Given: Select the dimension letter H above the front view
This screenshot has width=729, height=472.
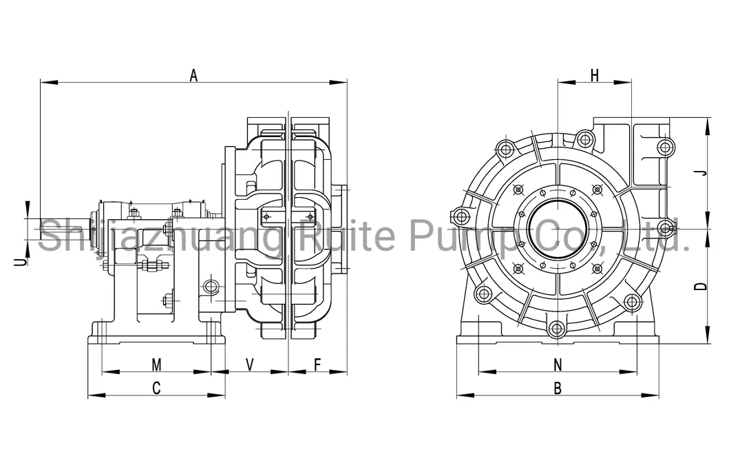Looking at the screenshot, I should [595, 76].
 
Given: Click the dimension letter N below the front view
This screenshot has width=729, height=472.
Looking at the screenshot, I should [558, 364].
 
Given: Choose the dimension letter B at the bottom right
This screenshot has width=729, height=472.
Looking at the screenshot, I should [558, 389].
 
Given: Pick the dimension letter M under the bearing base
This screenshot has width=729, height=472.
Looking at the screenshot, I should [156, 363].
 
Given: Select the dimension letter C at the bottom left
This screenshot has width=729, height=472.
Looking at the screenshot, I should [156, 388].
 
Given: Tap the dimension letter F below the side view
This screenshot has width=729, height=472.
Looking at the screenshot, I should [317, 362].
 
